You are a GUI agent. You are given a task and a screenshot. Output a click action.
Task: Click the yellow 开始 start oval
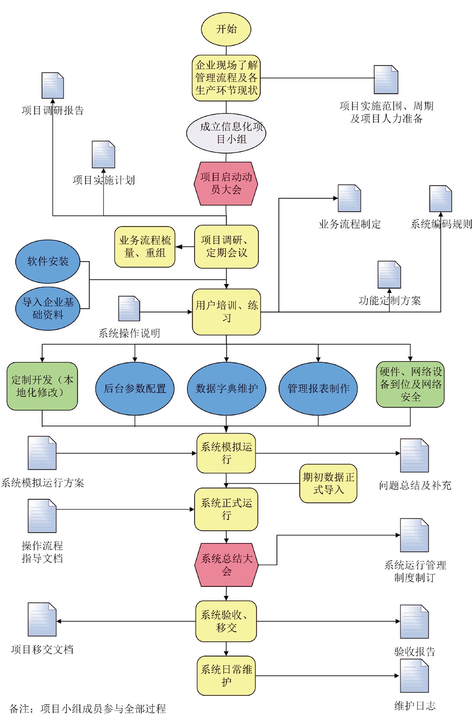[x=226, y=29]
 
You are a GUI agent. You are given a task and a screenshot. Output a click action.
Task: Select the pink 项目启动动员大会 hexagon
[x=226, y=183]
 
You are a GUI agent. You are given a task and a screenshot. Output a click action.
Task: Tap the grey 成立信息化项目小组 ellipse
[x=226, y=133]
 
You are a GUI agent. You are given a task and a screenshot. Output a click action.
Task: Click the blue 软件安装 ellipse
[x=48, y=261]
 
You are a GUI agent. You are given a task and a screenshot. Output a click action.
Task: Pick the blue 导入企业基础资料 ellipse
[x=48, y=308]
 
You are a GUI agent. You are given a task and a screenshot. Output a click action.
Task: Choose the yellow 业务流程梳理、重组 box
[x=145, y=247]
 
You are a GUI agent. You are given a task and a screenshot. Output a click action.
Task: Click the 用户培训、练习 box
[x=226, y=312]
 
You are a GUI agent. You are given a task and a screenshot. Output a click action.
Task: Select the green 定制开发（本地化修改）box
[x=42, y=386]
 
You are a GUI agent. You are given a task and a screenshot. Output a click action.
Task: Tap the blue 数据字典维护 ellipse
[x=226, y=389]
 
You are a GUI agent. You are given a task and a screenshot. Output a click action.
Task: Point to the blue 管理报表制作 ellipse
[x=318, y=389]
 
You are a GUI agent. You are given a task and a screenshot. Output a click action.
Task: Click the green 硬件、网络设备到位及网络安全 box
[x=410, y=384]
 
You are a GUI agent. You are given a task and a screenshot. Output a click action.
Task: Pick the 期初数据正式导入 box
[x=328, y=483]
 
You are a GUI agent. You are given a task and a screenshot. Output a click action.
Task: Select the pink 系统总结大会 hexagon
[x=226, y=565]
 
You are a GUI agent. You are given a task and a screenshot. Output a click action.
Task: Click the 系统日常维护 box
[x=226, y=676]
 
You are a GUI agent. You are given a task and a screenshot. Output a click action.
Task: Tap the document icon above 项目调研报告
[x=53, y=85]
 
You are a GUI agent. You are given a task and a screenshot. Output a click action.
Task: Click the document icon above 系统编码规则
[x=441, y=199]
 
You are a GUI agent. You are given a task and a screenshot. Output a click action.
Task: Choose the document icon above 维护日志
[x=414, y=676]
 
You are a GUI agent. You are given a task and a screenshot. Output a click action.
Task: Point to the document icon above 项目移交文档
[x=42, y=619]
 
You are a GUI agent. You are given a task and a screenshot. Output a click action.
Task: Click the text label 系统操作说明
[x=129, y=333]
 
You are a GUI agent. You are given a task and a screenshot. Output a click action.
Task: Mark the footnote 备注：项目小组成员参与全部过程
[x=88, y=709]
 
